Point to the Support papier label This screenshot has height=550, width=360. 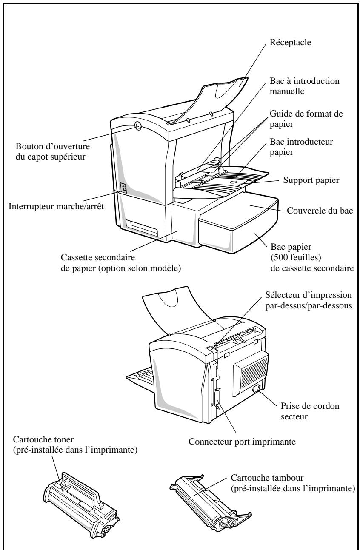coord(311,180)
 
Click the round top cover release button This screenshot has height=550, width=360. coord(137,125)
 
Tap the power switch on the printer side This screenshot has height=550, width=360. coord(124,188)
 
